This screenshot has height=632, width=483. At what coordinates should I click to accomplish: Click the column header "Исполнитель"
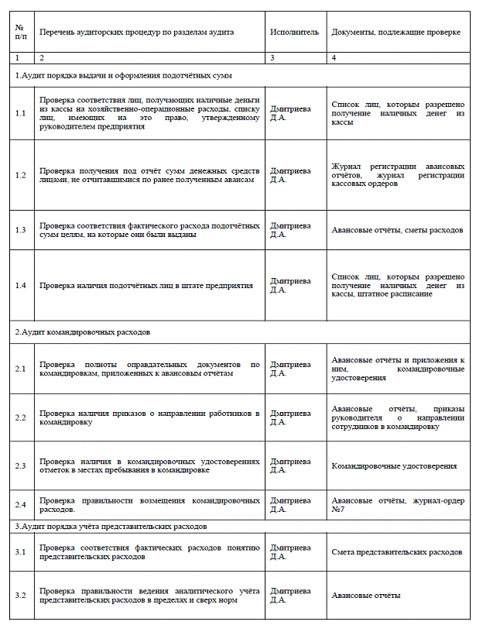pos(294,33)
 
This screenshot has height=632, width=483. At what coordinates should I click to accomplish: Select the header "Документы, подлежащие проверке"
pos(396,33)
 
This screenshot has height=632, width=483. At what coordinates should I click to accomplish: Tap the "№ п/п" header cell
pos(20,33)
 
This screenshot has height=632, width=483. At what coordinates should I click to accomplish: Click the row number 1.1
pos(21,113)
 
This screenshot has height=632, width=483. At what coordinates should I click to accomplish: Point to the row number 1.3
pos(21,230)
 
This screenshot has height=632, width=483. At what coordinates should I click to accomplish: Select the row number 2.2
pos(21,417)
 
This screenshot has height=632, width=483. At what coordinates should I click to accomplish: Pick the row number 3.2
pos(21,595)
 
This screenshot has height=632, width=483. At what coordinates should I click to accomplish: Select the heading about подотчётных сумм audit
pos(124,75)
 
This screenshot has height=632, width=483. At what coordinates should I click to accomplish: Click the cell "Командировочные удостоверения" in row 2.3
pos(394,466)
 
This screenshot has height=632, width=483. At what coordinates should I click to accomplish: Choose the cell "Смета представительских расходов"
pos(397,552)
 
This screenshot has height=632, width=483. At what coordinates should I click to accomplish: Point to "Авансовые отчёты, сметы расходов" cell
pos(397,230)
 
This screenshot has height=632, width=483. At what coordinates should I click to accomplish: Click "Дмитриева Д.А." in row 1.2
pos(289,174)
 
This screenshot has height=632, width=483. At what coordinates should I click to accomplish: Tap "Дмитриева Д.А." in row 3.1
pos(289,552)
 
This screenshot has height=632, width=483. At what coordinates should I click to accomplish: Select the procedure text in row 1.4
pos(146,286)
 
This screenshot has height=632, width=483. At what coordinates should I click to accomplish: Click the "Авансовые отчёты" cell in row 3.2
pos(366,595)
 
